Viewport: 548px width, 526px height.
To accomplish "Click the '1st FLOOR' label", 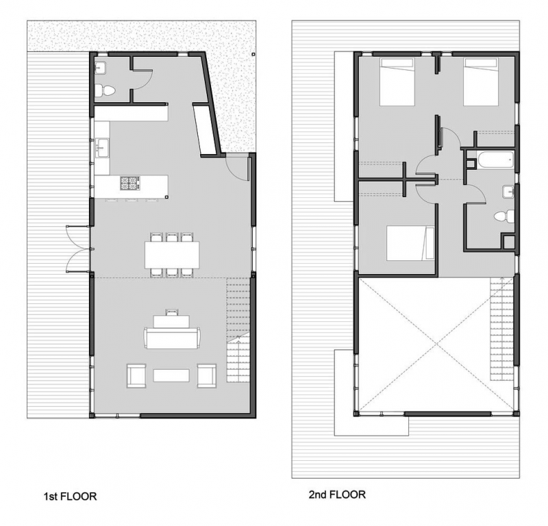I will (67, 496).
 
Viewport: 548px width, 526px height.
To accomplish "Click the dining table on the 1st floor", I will (173, 254).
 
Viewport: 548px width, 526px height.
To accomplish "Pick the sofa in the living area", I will (172, 338).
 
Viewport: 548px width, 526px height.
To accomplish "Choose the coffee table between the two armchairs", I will (171, 375).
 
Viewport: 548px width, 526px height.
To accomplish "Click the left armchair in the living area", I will (136, 375).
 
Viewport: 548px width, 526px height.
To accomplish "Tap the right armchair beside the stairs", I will (207, 375).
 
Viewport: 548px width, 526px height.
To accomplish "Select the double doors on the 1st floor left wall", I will (77, 248).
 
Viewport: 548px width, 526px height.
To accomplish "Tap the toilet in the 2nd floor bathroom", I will (504, 216).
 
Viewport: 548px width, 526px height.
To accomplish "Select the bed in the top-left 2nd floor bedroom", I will (397, 82).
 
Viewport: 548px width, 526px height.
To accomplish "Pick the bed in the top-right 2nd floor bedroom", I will (480, 82).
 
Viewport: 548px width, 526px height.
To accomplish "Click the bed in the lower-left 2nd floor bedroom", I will (410, 244).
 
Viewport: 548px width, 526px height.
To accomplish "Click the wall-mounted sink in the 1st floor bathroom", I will (100, 67).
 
